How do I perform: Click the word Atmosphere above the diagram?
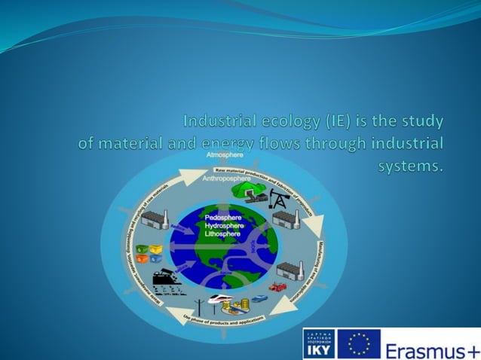pyautogui.click(x=225, y=154)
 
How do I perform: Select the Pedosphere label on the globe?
pyautogui.click(x=223, y=218)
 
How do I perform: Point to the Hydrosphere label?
pyautogui.click(x=225, y=226)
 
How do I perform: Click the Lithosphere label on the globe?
pyautogui.click(x=223, y=234)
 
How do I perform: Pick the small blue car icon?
pyautogui.click(x=259, y=298)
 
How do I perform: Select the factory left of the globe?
pyautogui.click(x=155, y=220)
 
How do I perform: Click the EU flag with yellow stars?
pyautogui.click(x=359, y=343)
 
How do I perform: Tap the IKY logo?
pyautogui.click(x=318, y=343)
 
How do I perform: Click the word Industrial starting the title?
pyautogui.click(x=218, y=121)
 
